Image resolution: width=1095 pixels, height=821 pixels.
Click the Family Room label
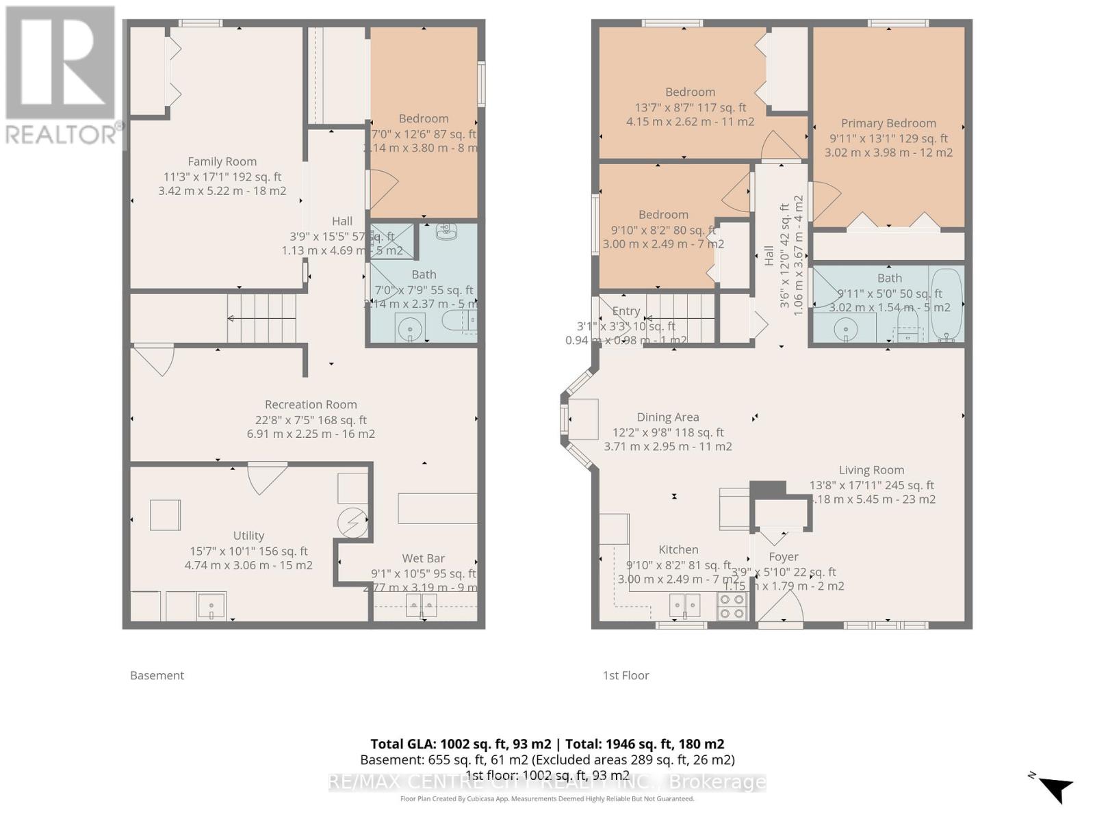tap(222, 161)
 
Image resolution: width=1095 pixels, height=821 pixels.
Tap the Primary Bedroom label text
tap(888, 123)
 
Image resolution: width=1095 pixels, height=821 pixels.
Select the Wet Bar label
tap(423, 558)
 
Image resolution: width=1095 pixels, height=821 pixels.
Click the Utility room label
tap(248, 536)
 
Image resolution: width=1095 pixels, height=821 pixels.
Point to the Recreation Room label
tap(311, 404)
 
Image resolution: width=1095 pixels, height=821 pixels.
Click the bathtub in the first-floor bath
tap(946, 304)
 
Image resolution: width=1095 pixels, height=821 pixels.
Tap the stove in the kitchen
tap(732, 606)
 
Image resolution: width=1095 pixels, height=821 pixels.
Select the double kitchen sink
tap(685, 605)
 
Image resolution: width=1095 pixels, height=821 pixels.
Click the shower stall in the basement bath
tap(392, 241)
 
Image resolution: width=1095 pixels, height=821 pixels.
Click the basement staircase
tap(262, 318)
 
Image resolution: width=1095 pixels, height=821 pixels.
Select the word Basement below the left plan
tap(157, 675)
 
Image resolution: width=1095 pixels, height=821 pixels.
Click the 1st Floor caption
tap(626, 675)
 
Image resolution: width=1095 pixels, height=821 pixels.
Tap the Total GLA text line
tap(547, 744)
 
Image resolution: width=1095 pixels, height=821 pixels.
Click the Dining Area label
tap(667, 417)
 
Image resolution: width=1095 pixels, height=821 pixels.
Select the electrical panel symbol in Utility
tap(353, 523)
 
